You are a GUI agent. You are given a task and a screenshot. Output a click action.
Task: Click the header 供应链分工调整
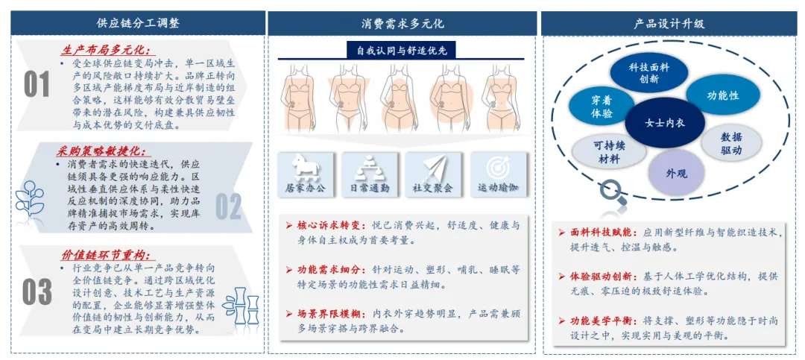point(138,23)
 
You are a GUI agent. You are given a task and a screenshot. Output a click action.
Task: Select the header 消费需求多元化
point(402,23)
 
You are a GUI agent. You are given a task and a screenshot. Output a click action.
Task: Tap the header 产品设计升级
point(669,23)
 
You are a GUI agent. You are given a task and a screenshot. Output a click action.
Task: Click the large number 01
point(37,85)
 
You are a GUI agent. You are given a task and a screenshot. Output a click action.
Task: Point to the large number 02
point(229,206)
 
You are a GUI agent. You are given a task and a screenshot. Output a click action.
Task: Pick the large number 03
point(37,291)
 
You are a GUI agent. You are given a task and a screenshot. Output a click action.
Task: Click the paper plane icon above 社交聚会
point(432,166)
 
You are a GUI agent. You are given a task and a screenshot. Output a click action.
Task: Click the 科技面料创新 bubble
point(648,73)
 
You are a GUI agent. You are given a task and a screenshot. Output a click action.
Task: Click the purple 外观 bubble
point(676,173)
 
